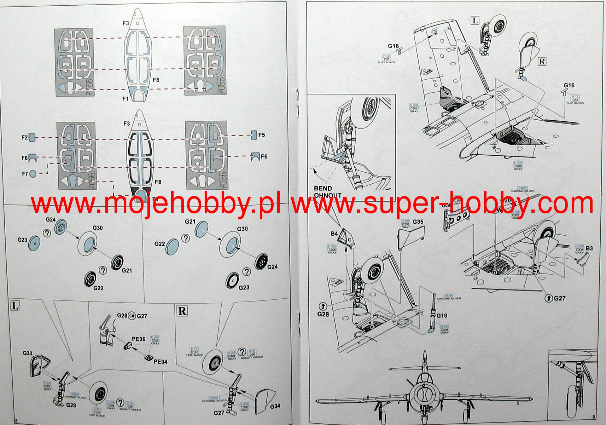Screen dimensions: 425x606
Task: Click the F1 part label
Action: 125,99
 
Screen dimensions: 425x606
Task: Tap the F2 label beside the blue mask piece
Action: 24,137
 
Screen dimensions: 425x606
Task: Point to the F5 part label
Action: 261,135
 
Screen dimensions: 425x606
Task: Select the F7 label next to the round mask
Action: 25,174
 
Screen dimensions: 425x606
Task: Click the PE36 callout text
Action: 139,339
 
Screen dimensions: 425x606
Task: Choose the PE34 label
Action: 160,361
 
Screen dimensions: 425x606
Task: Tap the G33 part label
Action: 28,353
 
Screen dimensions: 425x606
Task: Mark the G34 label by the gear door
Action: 275,406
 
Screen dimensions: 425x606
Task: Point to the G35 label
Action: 418,222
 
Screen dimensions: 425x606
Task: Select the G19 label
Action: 442,315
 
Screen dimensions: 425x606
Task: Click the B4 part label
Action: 334,234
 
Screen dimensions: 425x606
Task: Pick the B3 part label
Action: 589,248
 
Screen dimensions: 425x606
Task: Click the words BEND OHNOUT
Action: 327,191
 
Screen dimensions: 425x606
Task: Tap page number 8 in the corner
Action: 17,421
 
